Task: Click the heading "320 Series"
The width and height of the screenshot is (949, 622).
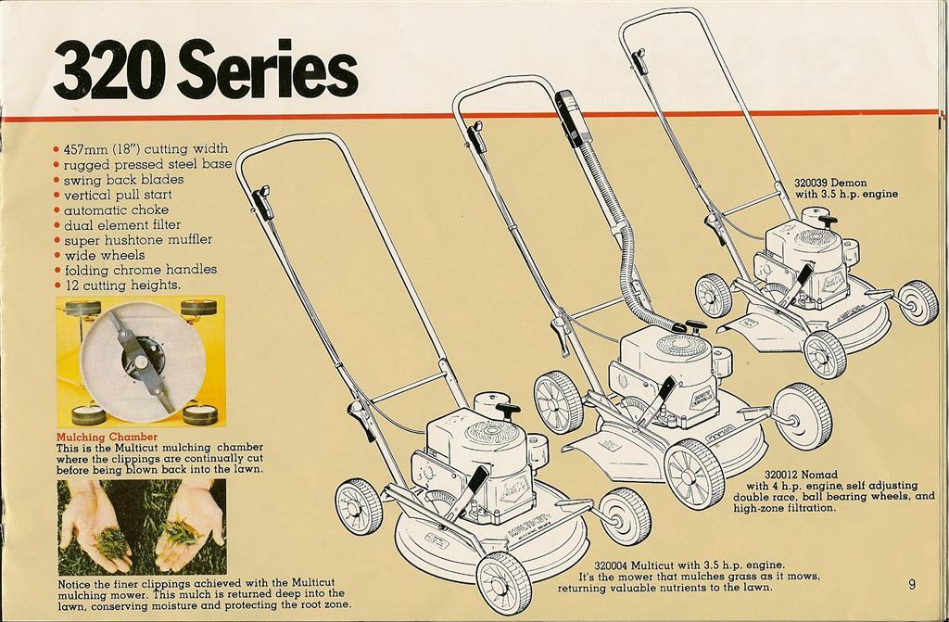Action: (x=205, y=70)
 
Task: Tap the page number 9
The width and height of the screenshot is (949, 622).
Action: (x=912, y=584)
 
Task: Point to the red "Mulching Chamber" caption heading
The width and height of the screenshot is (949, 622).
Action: (x=107, y=437)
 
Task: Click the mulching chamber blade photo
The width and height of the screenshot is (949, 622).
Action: (x=141, y=361)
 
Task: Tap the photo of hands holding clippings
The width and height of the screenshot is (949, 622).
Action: (x=141, y=526)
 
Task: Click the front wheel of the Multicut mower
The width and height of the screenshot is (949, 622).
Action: (x=503, y=582)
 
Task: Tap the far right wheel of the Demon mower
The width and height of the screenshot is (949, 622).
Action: (x=917, y=302)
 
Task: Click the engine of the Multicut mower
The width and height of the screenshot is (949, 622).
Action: (x=482, y=454)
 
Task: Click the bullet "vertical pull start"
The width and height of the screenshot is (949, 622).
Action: (x=118, y=196)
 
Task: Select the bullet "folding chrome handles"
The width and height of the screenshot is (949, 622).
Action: (x=140, y=270)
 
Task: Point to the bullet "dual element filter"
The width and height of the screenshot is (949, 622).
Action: (x=122, y=225)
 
